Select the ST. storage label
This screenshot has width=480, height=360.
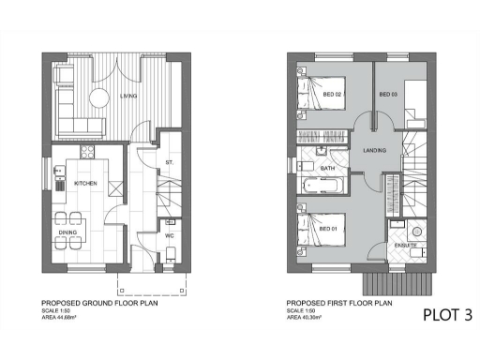[x=170, y=163]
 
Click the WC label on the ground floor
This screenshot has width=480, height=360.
[x=170, y=235]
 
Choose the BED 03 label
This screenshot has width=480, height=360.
[x=388, y=95]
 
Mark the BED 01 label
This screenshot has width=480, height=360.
[x=328, y=229]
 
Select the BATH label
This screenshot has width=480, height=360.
[x=328, y=169]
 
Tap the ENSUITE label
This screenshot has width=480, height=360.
[x=405, y=246]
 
